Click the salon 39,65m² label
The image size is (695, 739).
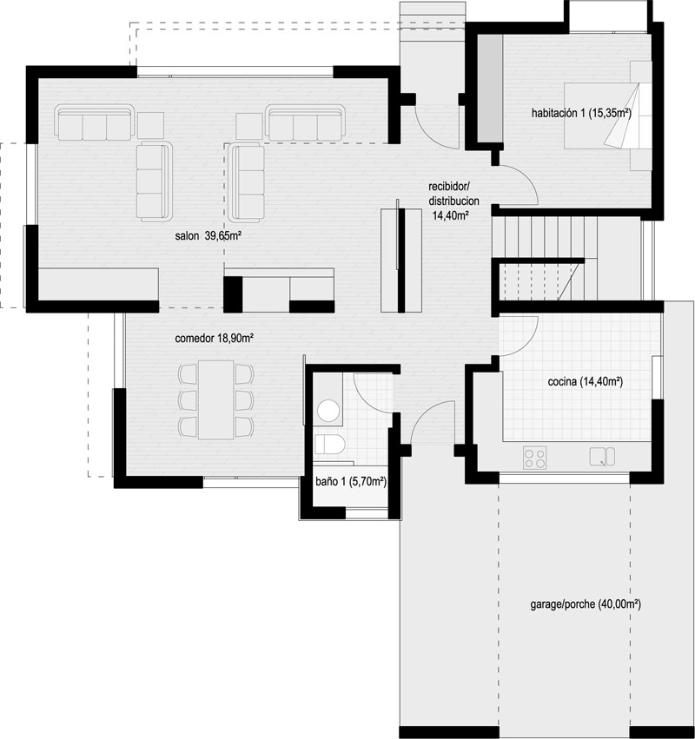(208, 235)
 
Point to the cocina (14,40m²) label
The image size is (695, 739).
(586, 381)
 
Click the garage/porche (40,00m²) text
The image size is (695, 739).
(586, 604)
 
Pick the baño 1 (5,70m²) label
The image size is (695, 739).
(351, 481)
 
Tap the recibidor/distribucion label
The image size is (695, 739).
(453, 194)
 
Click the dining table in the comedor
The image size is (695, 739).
(216, 399)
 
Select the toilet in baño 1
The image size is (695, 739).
(329, 444)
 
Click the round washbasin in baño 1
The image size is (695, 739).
(328, 410)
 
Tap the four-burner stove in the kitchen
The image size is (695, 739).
(534, 458)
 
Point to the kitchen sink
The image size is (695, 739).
(602, 456)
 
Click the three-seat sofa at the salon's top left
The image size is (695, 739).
(95, 123)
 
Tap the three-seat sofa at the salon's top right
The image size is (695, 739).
(305, 122)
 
